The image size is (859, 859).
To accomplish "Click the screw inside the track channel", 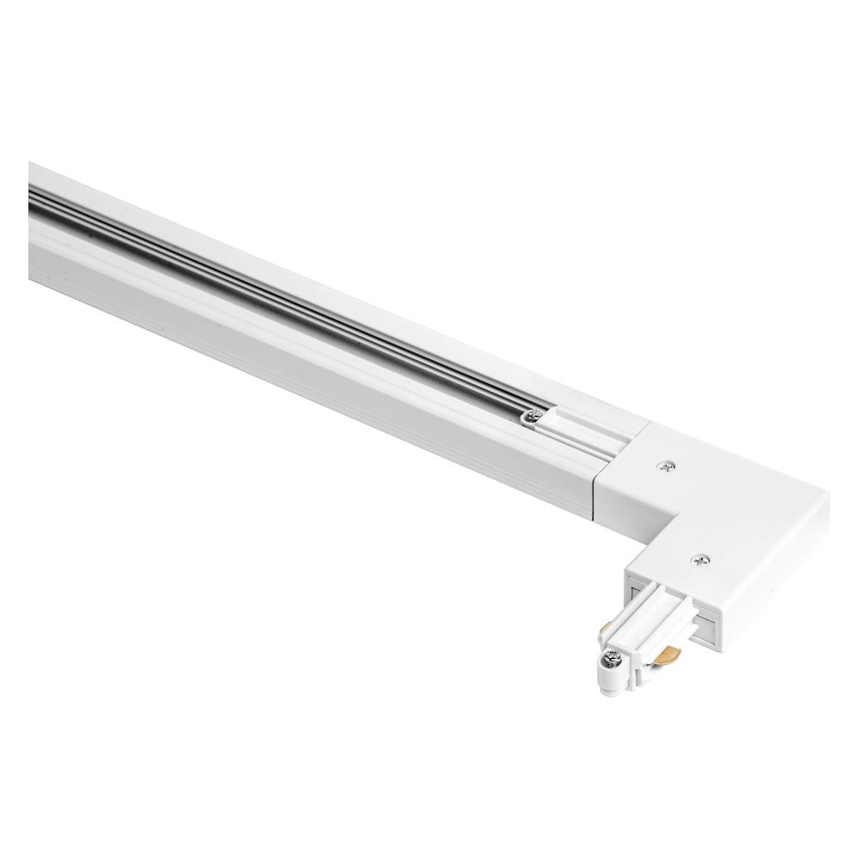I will click(533, 418).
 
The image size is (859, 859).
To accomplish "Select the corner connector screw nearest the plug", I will click(699, 561).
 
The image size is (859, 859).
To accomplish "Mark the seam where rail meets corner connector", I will click(599, 481).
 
